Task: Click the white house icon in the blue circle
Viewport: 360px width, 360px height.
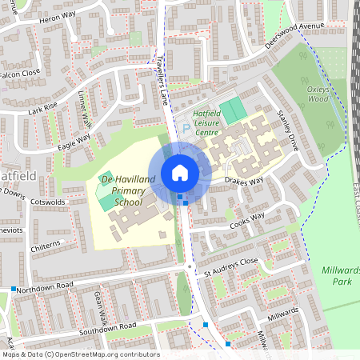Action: (x=180, y=172)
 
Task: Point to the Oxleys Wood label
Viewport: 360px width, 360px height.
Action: (x=318, y=94)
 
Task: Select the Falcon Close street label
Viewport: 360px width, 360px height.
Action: (x=19, y=73)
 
